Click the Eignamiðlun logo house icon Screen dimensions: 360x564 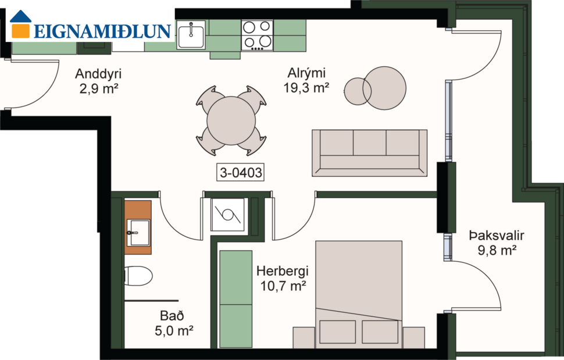pos(22,24)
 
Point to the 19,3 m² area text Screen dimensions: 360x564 pos(306,88)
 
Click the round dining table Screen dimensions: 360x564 pos(231,121)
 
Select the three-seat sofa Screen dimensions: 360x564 pos(369,152)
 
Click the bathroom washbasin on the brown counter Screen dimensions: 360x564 pos(139,232)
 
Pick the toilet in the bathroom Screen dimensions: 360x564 pos(138,276)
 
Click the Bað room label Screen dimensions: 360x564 pos(172,316)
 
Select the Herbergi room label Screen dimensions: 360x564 pos(282,271)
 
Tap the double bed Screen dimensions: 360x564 pos(358,285)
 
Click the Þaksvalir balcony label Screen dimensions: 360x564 pos(497,236)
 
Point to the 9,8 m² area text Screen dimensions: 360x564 pos(497,251)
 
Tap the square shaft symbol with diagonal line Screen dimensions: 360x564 pos(227,215)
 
